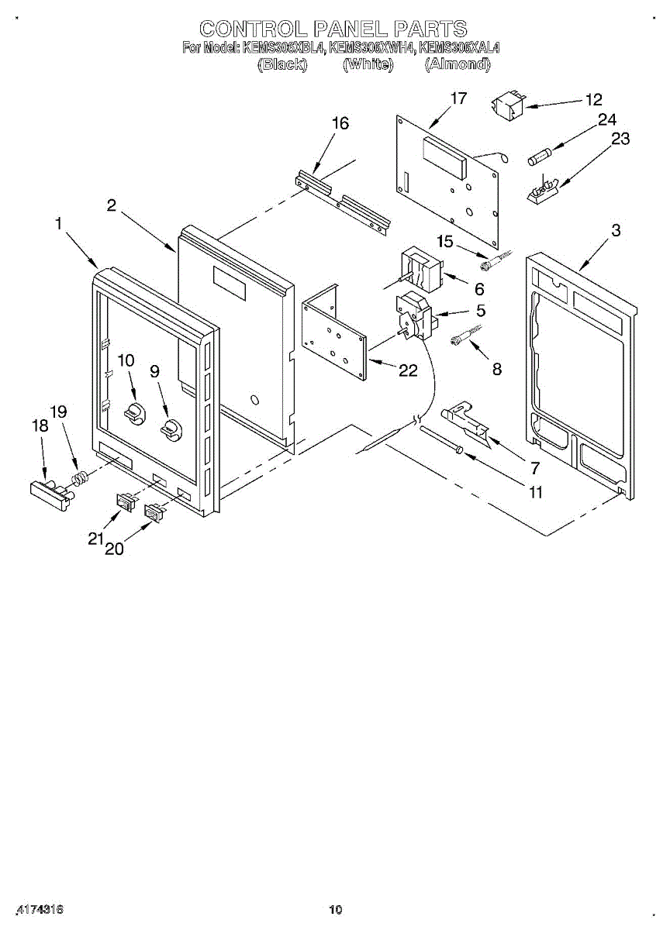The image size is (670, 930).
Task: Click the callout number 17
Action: pos(458,98)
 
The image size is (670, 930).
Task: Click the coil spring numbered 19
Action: pos(79,477)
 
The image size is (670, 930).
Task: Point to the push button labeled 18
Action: pos(48,491)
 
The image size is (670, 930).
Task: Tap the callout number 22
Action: pos(408,371)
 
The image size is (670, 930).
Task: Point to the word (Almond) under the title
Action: pos(458,65)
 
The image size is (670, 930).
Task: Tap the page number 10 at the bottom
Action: pos(335,909)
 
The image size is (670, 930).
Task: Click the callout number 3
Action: pos(615,230)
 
